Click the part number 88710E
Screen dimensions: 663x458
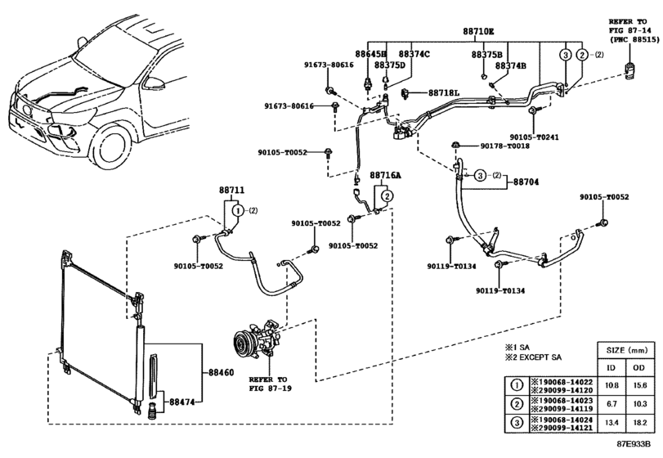(x=478, y=32)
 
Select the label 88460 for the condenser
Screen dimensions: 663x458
(x=222, y=373)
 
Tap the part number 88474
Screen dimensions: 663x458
(x=181, y=402)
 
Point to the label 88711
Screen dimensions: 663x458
(x=231, y=191)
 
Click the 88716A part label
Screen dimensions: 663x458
(x=385, y=175)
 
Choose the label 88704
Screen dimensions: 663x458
(x=526, y=182)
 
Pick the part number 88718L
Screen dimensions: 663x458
(x=444, y=92)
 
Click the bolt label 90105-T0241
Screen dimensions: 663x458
(x=534, y=137)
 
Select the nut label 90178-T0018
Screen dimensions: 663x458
(x=505, y=146)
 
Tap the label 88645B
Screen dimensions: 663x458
(x=371, y=54)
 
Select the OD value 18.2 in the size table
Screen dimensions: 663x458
(x=640, y=422)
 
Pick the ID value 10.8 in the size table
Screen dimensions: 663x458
(x=611, y=385)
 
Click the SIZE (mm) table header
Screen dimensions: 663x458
(x=626, y=350)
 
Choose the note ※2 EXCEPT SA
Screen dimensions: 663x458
(x=533, y=357)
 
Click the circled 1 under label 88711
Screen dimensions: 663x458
(x=238, y=210)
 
